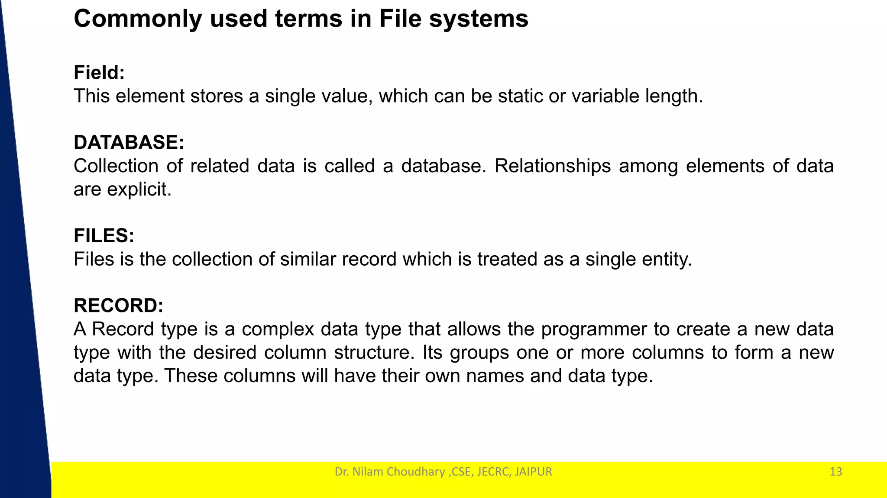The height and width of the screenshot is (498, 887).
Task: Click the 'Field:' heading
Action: pyautogui.click(x=99, y=72)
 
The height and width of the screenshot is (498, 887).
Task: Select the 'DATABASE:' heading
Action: pyautogui.click(x=129, y=142)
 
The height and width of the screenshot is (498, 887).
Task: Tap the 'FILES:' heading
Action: pyautogui.click(x=104, y=236)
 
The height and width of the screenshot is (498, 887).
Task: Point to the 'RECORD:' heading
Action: pyautogui.click(x=118, y=305)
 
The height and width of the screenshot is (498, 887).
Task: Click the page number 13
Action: pyautogui.click(x=835, y=472)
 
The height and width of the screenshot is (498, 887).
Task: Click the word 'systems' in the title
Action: pyautogui.click(x=479, y=19)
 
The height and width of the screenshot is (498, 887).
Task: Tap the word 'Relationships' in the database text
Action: pyautogui.click(x=553, y=166)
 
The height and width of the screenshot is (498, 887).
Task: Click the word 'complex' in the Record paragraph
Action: pyautogui.click(x=278, y=330)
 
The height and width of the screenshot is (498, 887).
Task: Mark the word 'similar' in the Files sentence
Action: pyautogui.click(x=308, y=259)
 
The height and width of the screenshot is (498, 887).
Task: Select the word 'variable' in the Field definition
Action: pyautogui.click(x=605, y=96)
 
